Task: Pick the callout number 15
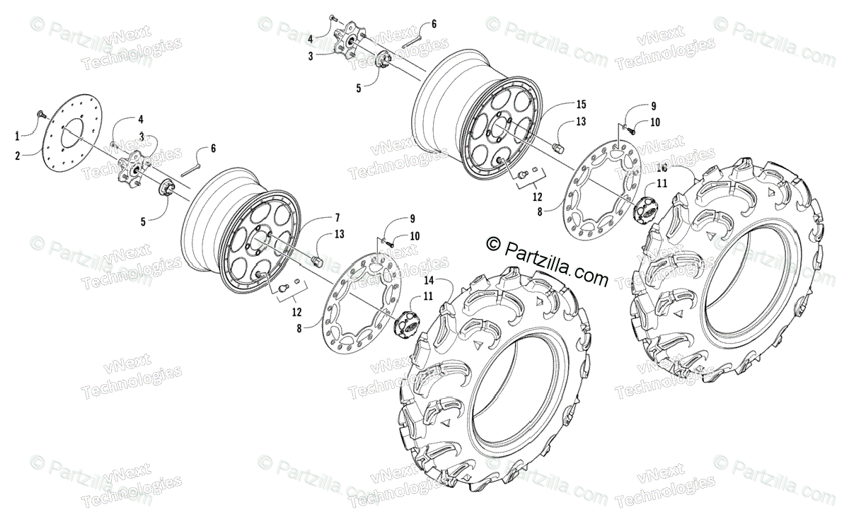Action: click(x=581, y=104)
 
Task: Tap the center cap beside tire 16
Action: click(x=645, y=209)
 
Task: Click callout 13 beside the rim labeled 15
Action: click(x=581, y=122)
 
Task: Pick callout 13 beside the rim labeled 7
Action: click(x=340, y=234)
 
